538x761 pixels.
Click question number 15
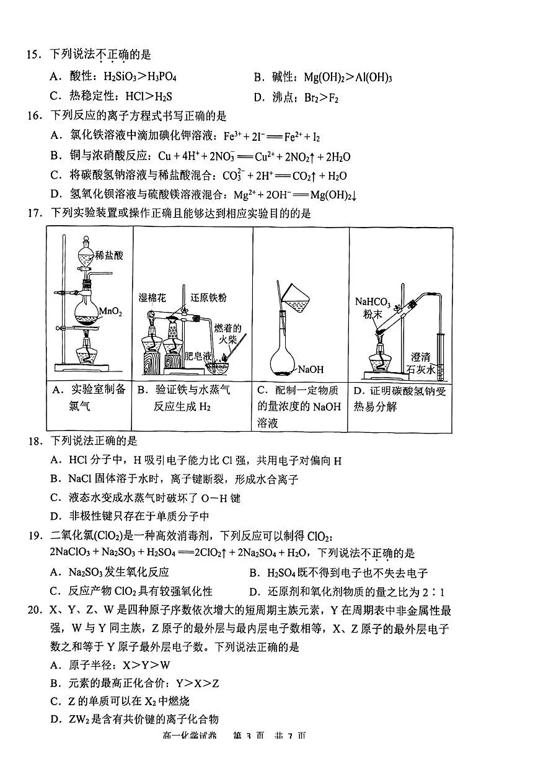coord(32,55)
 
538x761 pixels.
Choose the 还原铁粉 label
coord(209,298)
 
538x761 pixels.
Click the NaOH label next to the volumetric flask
coord(311,370)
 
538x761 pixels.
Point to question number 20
coord(32,611)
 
